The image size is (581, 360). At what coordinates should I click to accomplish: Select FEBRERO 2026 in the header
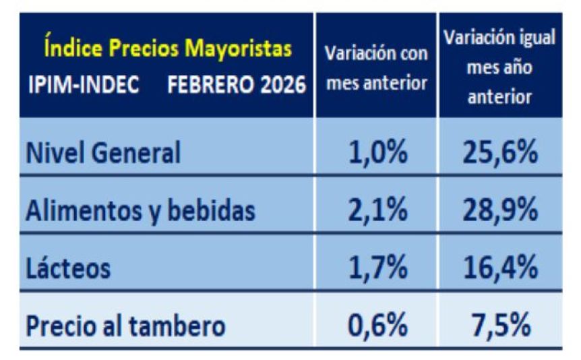pyautogui.click(x=236, y=86)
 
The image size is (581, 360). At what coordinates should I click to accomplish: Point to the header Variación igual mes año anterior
pyautogui.click(x=499, y=67)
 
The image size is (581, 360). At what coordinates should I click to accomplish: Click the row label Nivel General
pyautogui.click(x=103, y=153)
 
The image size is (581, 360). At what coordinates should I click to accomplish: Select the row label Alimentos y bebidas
pyautogui.click(x=140, y=211)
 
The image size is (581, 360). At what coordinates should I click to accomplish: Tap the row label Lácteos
pyautogui.click(x=68, y=269)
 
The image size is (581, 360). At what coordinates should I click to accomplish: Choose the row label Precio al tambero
pyautogui.click(x=125, y=326)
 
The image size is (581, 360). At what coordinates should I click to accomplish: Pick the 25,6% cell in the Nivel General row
pyautogui.click(x=499, y=153)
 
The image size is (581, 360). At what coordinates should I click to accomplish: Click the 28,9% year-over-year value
pyautogui.click(x=499, y=211)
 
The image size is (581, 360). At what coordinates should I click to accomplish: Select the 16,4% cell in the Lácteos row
pyautogui.click(x=499, y=269)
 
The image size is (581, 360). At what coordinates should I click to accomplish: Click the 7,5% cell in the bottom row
pyautogui.click(x=499, y=326)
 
